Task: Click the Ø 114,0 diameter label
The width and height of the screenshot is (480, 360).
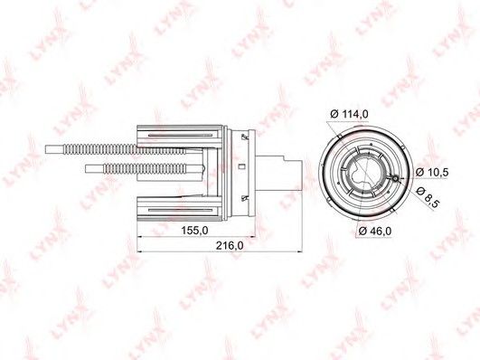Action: pyautogui.click(x=349, y=114)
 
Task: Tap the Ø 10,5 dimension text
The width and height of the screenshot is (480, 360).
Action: pyautogui.click(x=432, y=173)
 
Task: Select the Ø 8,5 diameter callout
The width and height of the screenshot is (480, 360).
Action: pyautogui.click(x=428, y=197)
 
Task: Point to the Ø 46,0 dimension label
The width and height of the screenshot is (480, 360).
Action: pyautogui.click(x=375, y=231)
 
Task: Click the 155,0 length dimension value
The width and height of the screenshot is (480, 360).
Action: pyautogui.click(x=194, y=230)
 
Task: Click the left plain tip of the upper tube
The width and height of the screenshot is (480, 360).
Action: pyautogui.click(x=53, y=149)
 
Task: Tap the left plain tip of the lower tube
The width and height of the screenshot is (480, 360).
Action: pyautogui.click(x=95, y=168)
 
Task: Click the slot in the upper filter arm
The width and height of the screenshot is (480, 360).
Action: pyautogui.click(x=180, y=135)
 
